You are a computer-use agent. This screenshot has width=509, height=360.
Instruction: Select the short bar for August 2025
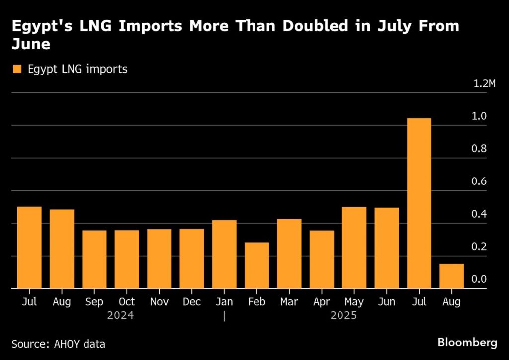(x=451, y=276)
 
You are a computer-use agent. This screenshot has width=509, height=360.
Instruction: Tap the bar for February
(x=256, y=265)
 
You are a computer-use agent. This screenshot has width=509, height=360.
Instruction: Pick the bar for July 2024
(x=29, y=247)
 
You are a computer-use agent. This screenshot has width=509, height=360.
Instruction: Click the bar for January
(x=224, y=254)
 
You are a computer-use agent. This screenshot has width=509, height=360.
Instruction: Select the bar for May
(x=354, y=247)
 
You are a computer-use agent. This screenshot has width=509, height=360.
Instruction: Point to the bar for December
(x=192, y=259)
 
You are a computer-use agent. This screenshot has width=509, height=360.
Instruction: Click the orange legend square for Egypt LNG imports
(x=18, y=69)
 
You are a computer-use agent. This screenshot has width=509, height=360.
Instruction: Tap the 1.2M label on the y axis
(x=484, y=83)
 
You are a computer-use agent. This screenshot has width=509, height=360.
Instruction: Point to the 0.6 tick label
(x=479, y=181)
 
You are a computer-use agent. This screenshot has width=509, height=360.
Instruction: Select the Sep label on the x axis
(x=94, y=302)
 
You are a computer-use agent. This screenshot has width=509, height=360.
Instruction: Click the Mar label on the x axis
(x=289, y=302)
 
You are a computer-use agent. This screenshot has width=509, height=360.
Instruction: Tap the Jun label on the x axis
(x=387, y=302)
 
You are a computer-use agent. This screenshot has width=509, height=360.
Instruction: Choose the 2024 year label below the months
(x=121, y=315)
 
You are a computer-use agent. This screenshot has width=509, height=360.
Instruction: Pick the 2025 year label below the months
(x=344, y=315)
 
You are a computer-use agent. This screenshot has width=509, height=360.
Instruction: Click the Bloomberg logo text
(x=467, y=342)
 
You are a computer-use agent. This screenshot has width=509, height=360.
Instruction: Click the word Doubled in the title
(x=308, y=27)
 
